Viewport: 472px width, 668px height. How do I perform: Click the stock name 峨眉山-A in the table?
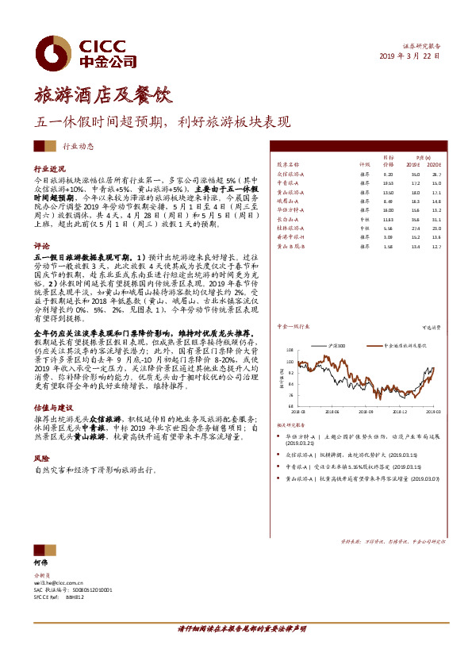click(287, 202)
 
